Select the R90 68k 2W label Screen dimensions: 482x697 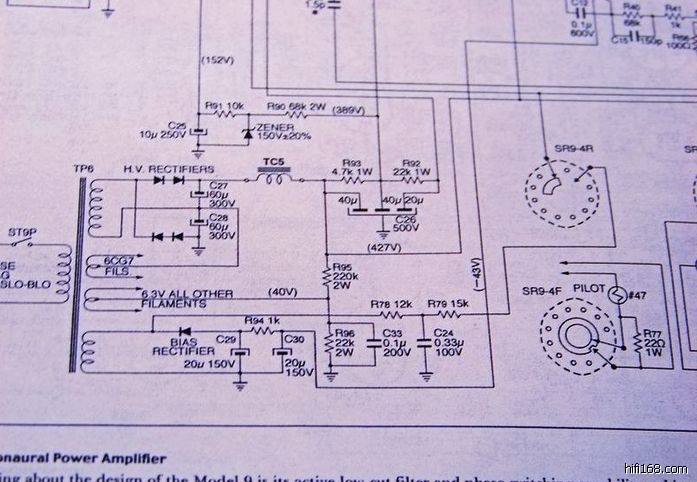pyautogui.click(x=297, y=106)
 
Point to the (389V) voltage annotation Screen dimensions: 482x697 pyautogui.click(x=348, y=110)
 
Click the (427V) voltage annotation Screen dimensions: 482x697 pyautogui.click(x=385, y=246)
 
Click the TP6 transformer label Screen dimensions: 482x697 pyautogui.click(x=82, y=167)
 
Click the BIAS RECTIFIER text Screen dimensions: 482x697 pyautogui.click(x=182, y=346)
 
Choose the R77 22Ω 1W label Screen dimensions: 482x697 pyautogui.click(x=655, y=342)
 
